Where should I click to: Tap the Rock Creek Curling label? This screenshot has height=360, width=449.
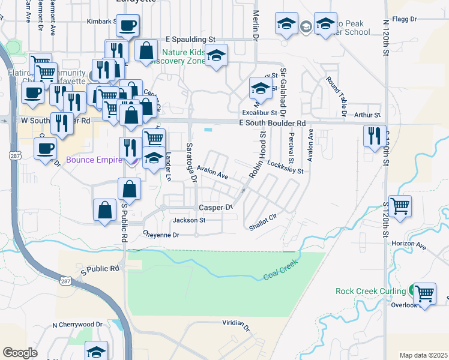coord(372,292)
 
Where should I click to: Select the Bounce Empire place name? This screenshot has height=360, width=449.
coord(92,160)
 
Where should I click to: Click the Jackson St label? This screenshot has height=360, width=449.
coord(189,220)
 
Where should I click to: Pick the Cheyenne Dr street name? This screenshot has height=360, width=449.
coord(161,235)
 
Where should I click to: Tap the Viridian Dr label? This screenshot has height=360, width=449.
coord(235,324)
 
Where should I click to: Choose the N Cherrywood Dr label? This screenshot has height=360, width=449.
coord(76,325)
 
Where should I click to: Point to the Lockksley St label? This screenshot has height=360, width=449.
coord(286,167)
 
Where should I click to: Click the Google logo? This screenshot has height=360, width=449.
coord(20,352)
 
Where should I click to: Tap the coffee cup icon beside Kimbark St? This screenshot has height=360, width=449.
coord(127,26)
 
